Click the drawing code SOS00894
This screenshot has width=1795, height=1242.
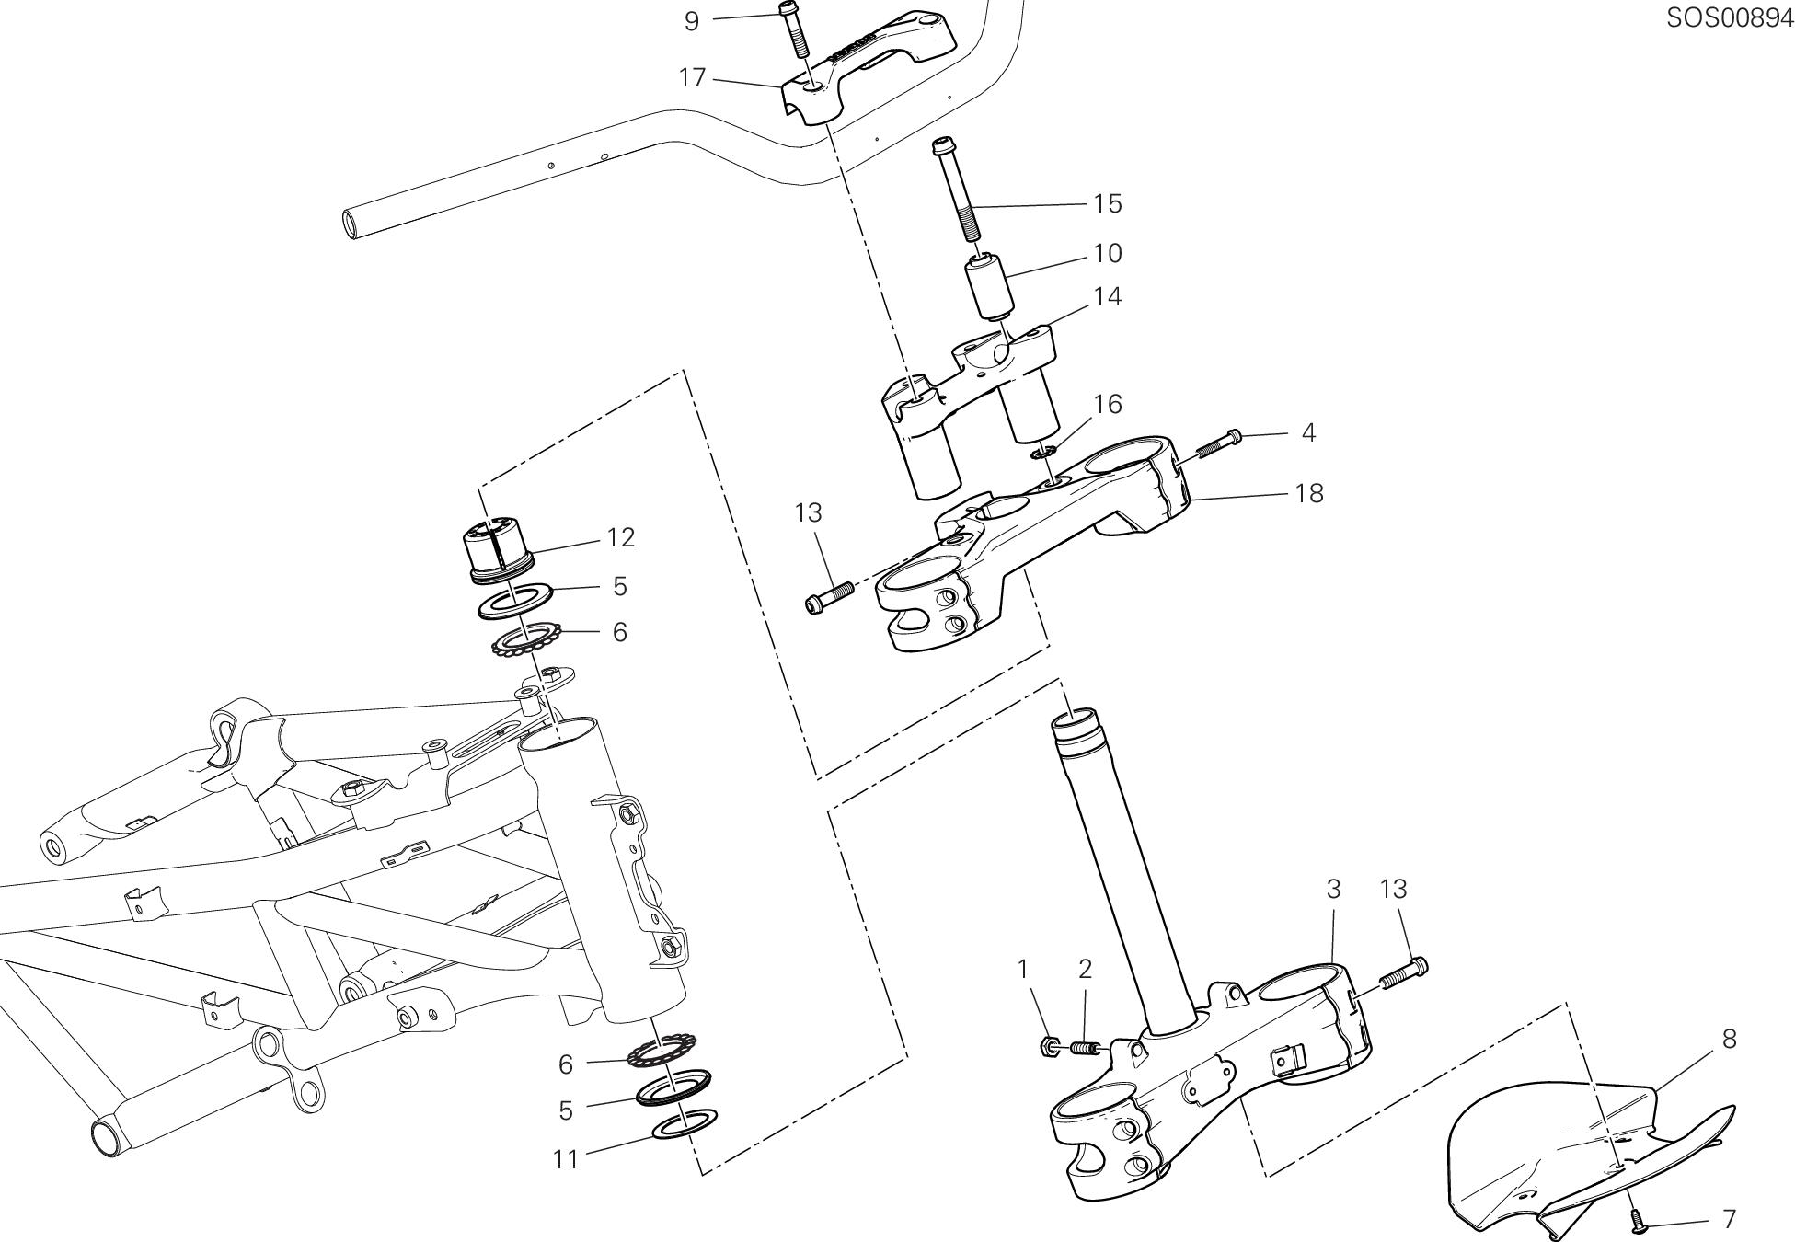point(1729,18)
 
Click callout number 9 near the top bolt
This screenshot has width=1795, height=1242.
point(692,21)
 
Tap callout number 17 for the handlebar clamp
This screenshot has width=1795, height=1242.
point(692,78)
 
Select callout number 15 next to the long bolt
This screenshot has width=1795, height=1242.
point(1108,203)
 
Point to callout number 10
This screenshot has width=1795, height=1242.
point(1108,253)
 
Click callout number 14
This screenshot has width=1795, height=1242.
point(1108,297)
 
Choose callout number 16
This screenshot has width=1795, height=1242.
point(1108,404)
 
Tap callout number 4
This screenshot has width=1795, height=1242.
point(1308,432)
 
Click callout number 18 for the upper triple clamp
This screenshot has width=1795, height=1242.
point(1308,493)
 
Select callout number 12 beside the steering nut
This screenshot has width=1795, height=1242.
point(621,537)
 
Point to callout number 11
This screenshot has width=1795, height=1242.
point(565,1160)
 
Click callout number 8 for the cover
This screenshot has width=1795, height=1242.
point(1728,1039)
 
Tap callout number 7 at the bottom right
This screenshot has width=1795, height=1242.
point(1728,1219)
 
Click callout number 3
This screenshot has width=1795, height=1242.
point(1333,889)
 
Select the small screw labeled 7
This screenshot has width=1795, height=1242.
point(1637,1219)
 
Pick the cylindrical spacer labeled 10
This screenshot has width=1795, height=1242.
point(987,285)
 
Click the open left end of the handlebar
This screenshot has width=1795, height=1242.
point(353,224)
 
